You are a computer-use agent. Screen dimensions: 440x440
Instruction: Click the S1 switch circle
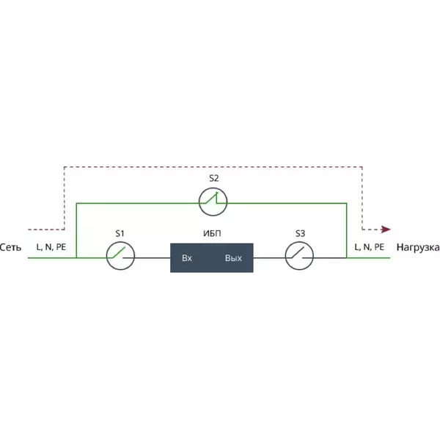point(120,242)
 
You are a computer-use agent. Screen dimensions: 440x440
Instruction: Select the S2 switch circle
point(213,188)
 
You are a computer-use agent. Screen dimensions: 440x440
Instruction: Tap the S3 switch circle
point(299,242)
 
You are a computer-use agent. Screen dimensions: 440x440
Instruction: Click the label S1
point(120,233)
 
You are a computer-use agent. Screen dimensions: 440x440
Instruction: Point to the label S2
point(214,178)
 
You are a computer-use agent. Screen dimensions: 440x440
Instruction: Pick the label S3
point(300,233)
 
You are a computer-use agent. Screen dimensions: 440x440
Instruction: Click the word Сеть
point(10,248)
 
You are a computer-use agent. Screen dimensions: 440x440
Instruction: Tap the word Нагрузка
point(418,248)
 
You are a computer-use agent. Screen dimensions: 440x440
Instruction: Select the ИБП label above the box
point(212,233)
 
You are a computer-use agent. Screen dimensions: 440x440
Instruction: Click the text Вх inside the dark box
point(187,258)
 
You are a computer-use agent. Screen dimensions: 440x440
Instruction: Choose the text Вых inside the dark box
point(233,258)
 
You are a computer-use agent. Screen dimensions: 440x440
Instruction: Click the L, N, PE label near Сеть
point(51,247)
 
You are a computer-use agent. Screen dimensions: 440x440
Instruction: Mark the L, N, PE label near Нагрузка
point(370,247)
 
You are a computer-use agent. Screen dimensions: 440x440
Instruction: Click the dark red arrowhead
point(386,230)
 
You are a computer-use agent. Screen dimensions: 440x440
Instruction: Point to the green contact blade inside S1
point(119,252)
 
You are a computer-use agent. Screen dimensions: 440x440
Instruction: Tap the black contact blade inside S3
point(298,252)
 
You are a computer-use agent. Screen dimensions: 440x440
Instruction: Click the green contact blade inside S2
point(211,197)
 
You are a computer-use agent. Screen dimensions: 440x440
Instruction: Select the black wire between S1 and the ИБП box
point(147,257)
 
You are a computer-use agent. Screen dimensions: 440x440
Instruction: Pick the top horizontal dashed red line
point(213,167)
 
